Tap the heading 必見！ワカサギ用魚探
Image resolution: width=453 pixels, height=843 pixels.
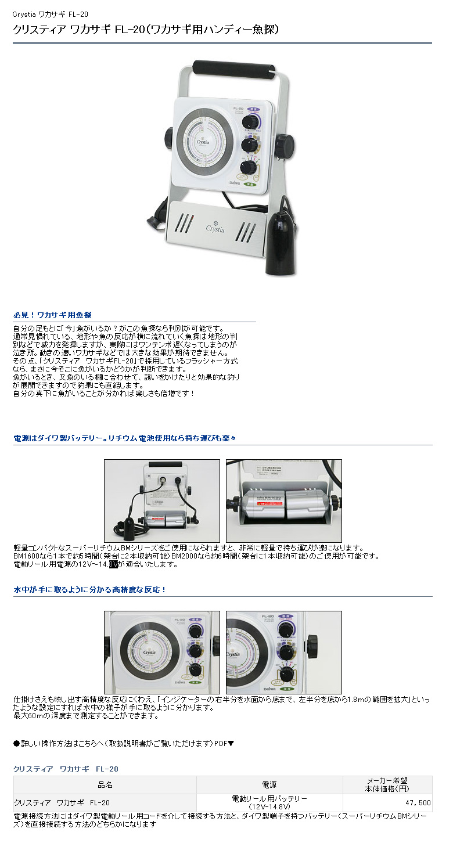[x=52, y=315]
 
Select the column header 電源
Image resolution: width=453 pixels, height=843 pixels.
[x=269, y=785]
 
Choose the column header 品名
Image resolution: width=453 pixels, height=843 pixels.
[x=105, y=785]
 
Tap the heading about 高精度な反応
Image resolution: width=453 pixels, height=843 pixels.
[x=89, y=589]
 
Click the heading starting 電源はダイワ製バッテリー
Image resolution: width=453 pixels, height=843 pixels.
[x=125, y=438]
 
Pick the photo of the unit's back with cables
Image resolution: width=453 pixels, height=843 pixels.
[x=162, y=501]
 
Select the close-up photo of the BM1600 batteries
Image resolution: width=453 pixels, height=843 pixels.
[x=283, y=501]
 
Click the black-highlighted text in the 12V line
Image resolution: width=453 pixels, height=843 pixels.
[x=113, y=564]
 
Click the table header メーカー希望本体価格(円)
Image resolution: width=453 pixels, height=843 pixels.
[x=387, y=785]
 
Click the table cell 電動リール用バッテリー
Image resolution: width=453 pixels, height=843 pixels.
[x=269, y=799]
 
